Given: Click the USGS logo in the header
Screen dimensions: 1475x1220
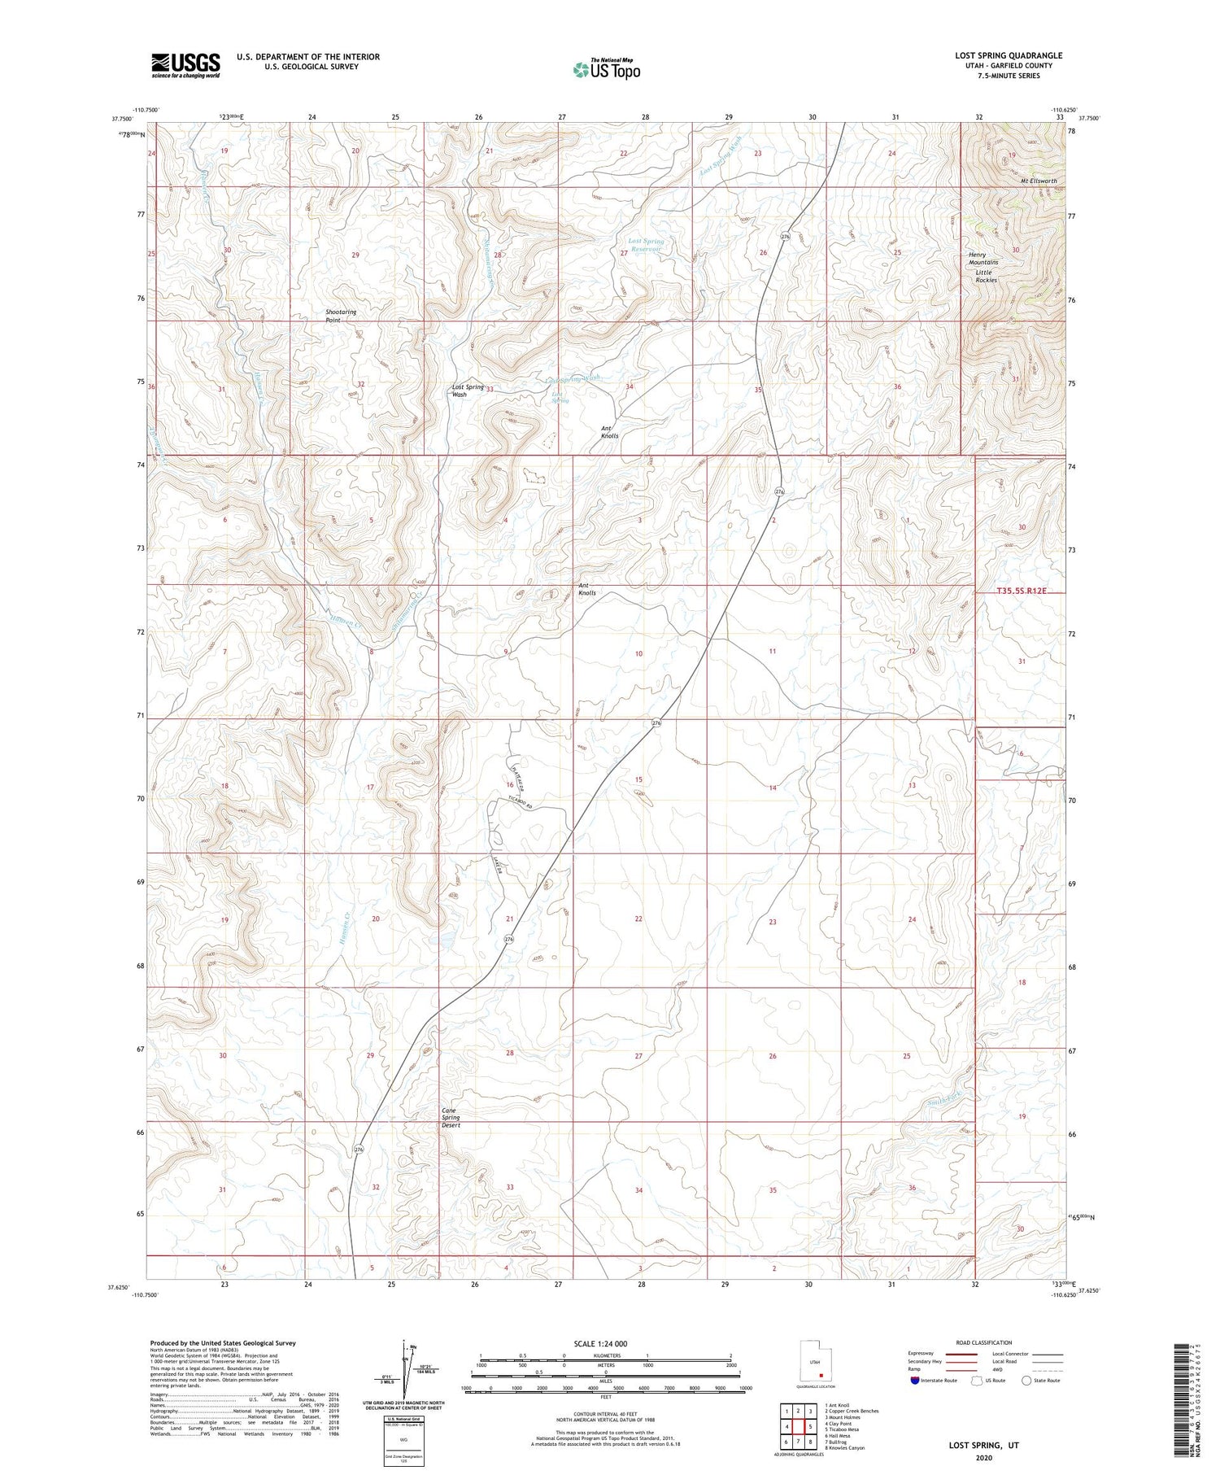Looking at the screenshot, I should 185,65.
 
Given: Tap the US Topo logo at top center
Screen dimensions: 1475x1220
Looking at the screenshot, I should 606,69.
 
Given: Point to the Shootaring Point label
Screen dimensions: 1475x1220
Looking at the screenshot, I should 341,316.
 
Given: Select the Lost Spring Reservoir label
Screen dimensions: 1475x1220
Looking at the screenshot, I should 647,245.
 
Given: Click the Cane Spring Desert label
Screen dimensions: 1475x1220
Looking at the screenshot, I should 451,1117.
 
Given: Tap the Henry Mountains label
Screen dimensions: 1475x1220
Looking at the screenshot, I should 983,258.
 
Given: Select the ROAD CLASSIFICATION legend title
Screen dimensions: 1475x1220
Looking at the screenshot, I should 984,1342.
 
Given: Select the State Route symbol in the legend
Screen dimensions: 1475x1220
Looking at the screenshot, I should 1027,1380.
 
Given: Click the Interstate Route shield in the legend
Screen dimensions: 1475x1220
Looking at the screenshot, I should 915,1381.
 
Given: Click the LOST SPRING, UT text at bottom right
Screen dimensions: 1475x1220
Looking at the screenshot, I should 983,1445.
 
